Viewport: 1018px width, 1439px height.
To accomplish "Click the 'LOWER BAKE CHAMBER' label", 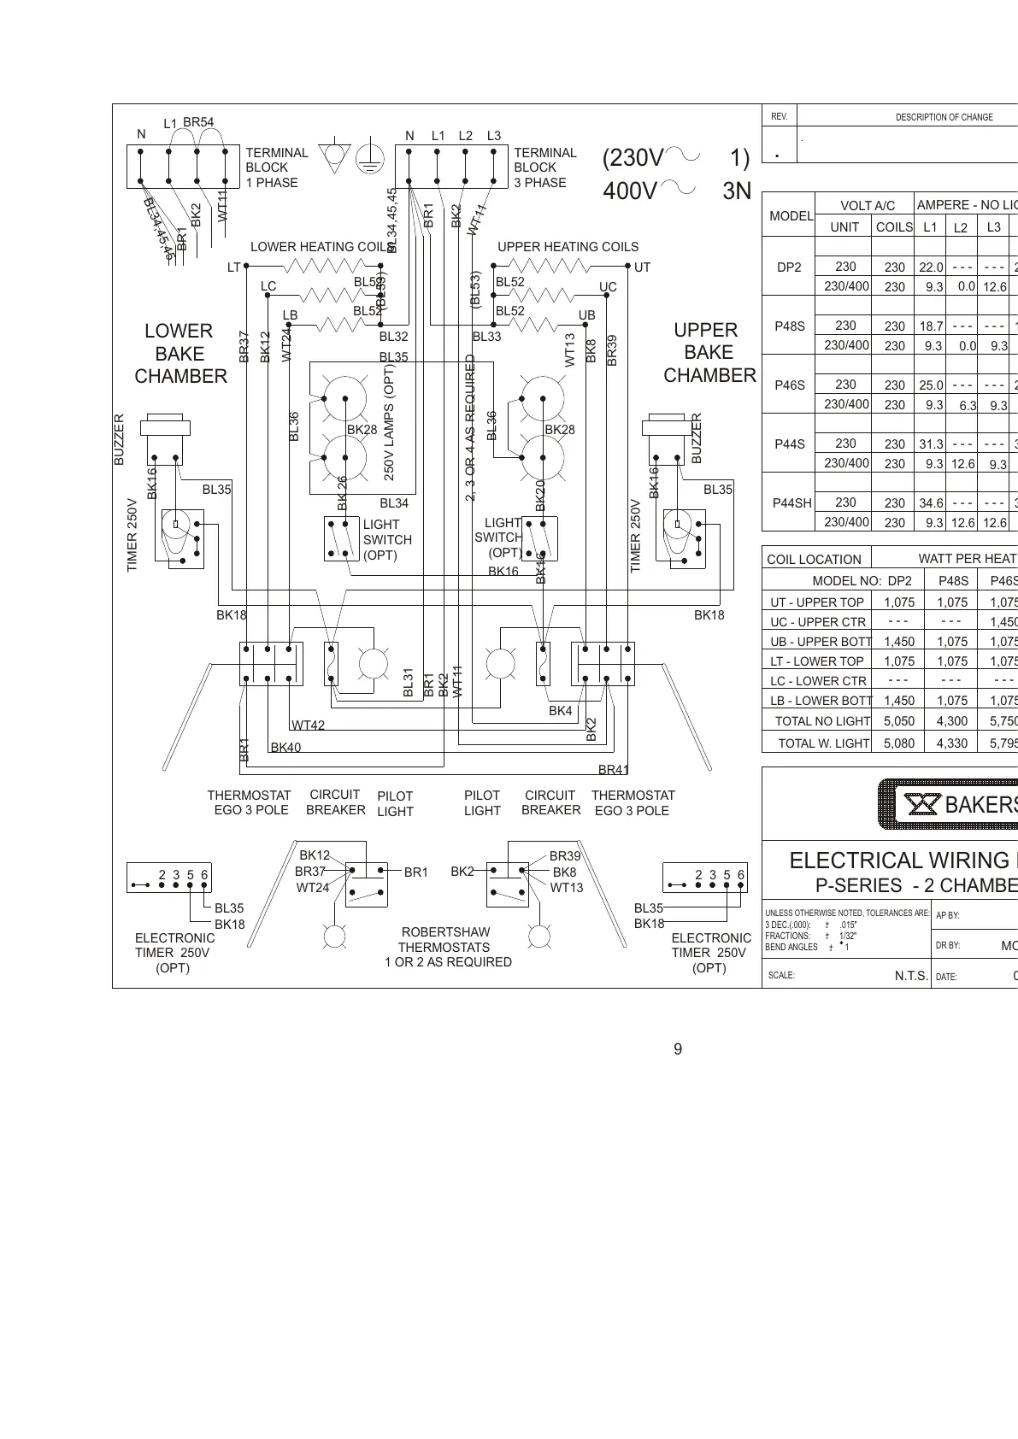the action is tap(180, 354).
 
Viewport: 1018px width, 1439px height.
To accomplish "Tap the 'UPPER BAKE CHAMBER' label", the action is tap(709, 353).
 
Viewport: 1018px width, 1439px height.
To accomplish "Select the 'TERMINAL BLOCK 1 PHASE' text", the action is tap(276, 167).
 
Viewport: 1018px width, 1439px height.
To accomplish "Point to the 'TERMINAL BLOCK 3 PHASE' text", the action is tap(544, 167).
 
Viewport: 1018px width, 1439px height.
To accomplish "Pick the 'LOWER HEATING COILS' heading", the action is tap(321, 247).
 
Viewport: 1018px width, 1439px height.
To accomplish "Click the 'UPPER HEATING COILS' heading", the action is tap(568, 247).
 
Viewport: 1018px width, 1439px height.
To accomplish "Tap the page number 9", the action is tap(678, 1049).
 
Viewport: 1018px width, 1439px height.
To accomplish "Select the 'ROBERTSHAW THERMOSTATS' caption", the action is tap(444, 939).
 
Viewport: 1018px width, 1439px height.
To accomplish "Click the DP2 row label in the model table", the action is tap(789, 267).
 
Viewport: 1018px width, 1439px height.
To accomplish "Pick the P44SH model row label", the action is tap(791, 503).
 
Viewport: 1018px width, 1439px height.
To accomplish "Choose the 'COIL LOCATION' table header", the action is tap(814, 560).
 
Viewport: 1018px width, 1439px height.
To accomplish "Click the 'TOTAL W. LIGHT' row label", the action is tap(823, 743).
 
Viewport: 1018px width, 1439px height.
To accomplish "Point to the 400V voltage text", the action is tap(629, 191).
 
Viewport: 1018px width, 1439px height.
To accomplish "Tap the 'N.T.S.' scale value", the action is tap(911, 976).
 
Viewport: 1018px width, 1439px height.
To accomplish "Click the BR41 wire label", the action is tap(613, 770).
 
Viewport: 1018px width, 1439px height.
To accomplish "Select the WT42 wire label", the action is tap(308, 725).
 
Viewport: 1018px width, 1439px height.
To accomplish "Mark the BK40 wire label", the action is tap(285, 748).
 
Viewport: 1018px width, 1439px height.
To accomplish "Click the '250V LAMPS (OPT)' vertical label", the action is tap(389, 422).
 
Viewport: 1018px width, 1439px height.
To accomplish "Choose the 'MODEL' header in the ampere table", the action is tap(791, 216).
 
